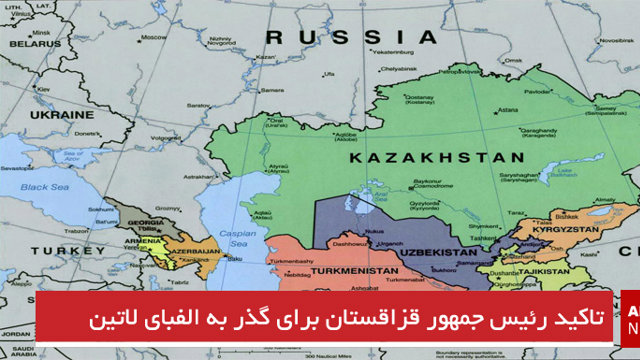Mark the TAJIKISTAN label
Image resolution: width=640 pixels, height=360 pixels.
(538, 270)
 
